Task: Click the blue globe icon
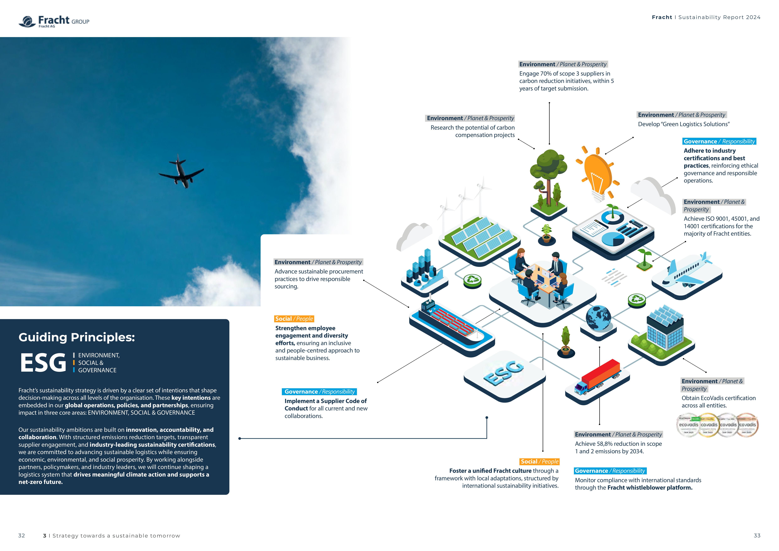point(598,318)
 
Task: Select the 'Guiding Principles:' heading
point(77,337)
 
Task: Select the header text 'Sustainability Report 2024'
point(719,17)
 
